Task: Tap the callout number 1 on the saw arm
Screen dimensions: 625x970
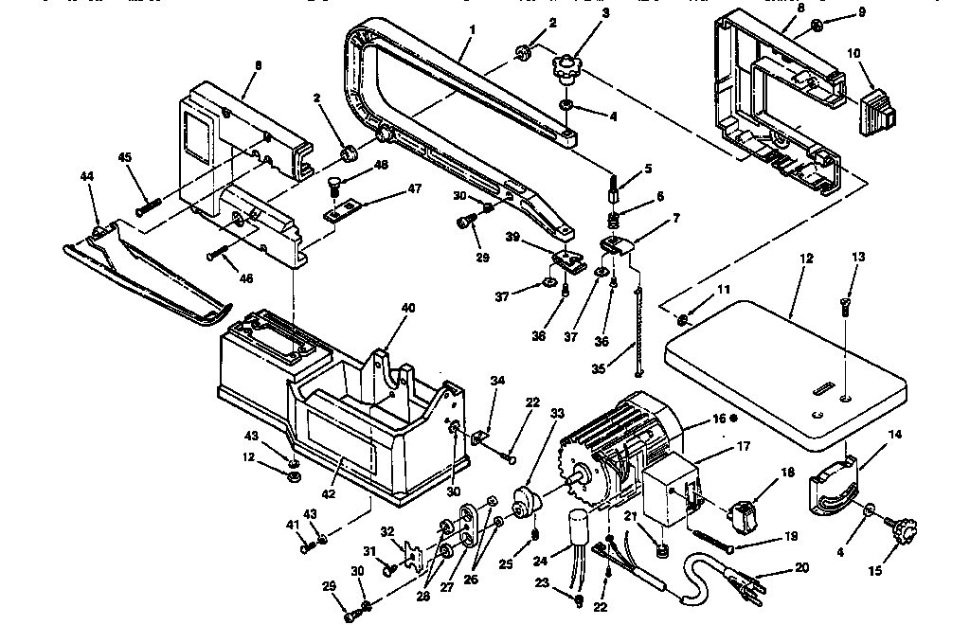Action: coord(472,30)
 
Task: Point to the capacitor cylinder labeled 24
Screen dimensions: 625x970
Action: coord(577,527)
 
